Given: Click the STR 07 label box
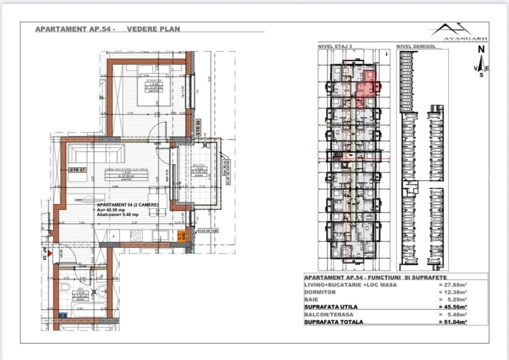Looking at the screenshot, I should click(78, 170).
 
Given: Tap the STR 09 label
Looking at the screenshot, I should click(198, 127).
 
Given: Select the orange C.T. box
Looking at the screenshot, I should click(181, 236).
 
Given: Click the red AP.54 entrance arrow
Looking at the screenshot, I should click(50, 253).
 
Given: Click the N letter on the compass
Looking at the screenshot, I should click(481, 50).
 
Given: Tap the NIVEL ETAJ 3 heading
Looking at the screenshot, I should click(335, 46).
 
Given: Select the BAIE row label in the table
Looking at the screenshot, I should click(312, 299).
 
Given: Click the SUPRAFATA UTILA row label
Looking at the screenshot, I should click(331, 307).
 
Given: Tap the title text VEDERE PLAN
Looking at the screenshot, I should click(153, 29).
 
